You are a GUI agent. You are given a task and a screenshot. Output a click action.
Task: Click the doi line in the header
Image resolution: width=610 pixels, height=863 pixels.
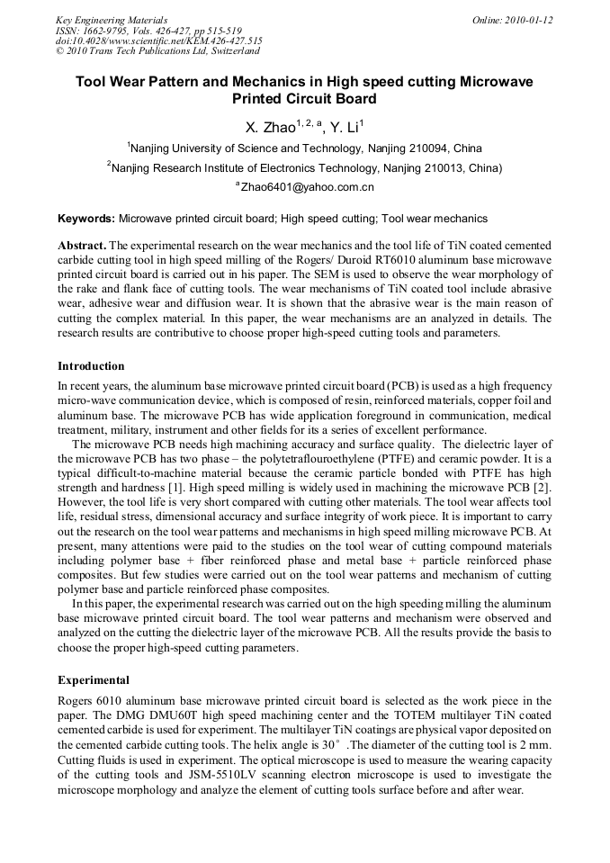pos(158,41)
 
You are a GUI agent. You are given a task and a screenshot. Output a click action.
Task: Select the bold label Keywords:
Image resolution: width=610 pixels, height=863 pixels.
pos(86,218)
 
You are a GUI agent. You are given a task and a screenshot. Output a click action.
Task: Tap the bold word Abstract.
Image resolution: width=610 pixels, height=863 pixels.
pos(81,245)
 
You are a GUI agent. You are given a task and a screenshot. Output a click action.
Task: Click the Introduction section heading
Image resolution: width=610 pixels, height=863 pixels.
pos(91,366)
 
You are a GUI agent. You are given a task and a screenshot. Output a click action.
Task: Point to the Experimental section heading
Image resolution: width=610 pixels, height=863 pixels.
pos(94,680)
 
